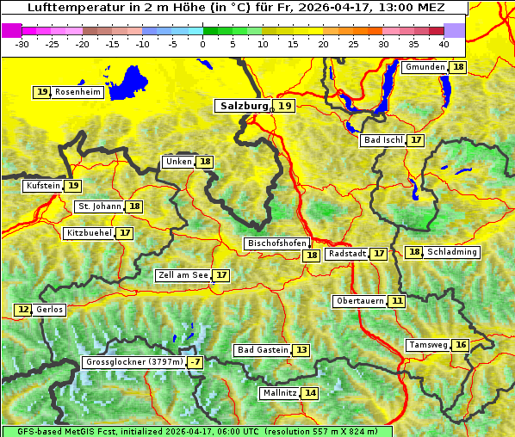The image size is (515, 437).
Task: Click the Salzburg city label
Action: (x=243, y=106)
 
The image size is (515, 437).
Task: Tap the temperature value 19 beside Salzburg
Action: (x=285, y=106)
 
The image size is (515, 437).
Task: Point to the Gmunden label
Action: (x=425, y=67)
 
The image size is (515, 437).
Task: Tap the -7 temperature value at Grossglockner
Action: (x=195, y=363)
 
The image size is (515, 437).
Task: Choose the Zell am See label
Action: (x=183, y=275)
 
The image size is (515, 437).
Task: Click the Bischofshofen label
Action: (x=276, y=243)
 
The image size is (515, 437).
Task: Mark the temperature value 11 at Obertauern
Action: (x=396, y=301)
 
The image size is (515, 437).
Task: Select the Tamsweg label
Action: (x=428, y=345)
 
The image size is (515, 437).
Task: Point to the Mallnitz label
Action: (x=279, y=393)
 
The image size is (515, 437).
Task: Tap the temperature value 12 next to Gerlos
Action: (x=23, y=310)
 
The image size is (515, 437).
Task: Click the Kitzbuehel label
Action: (x=89, y=233)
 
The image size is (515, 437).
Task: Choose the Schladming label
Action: (x=452, y=252)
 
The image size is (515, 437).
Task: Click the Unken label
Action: (x=178, y=162)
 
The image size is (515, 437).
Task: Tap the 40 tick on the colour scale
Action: (x=444, y=44)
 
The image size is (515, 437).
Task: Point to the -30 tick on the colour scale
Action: (x=22, y=44)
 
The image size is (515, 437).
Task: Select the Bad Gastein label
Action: (x=263, y=350)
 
